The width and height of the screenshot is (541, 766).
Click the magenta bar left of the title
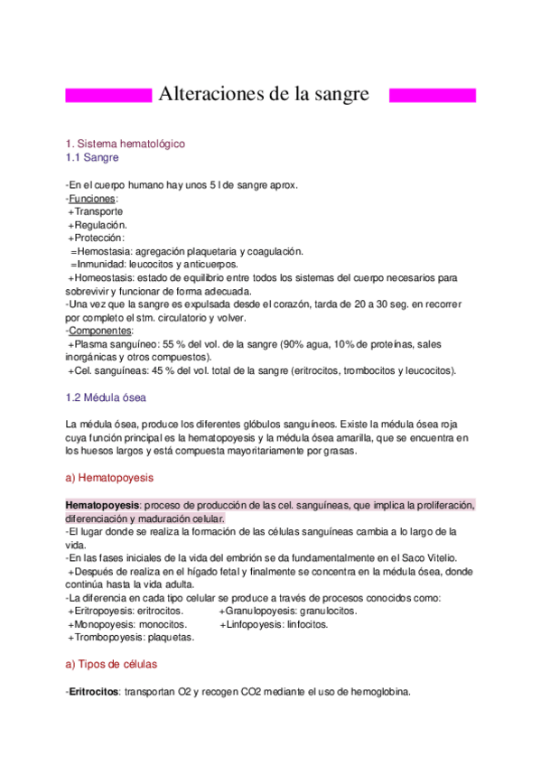click(108, 95)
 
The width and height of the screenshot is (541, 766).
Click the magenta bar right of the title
click(432, 95)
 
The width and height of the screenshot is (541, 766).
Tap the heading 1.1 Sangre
click(92, 157)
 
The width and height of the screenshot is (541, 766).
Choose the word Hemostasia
click(106, 251)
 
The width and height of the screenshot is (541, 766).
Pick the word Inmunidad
click(103, 265)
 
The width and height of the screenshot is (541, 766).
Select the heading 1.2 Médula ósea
click(106, 397)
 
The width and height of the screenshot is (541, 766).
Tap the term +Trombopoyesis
click(106, 637)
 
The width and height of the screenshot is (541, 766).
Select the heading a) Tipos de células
click(111, 664)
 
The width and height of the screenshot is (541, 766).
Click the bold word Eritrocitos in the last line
click(94, 692)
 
